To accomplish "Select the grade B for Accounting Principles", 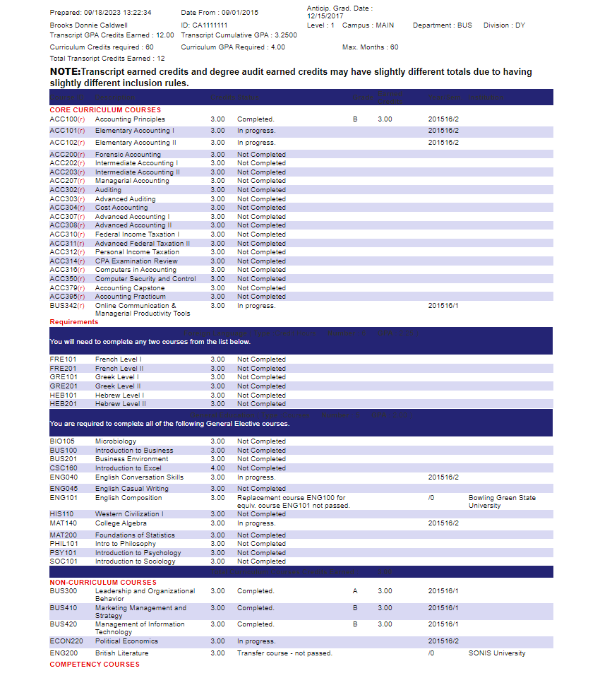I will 355,119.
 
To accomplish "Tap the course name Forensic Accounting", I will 128,155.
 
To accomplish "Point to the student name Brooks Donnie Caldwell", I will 88,25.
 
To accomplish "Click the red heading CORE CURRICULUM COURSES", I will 105,110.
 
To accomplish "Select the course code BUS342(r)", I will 67,306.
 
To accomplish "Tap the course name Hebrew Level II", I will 120,404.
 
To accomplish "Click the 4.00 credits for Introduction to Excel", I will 217,468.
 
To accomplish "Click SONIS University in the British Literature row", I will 497,653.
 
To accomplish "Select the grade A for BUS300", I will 355,591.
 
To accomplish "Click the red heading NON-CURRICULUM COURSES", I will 103,583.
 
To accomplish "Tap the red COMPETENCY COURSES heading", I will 95,665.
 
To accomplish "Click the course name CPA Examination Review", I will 136,261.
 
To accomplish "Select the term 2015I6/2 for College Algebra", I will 443,523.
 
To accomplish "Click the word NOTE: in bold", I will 65,72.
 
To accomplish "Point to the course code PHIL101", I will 63,544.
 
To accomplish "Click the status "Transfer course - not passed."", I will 284,653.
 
